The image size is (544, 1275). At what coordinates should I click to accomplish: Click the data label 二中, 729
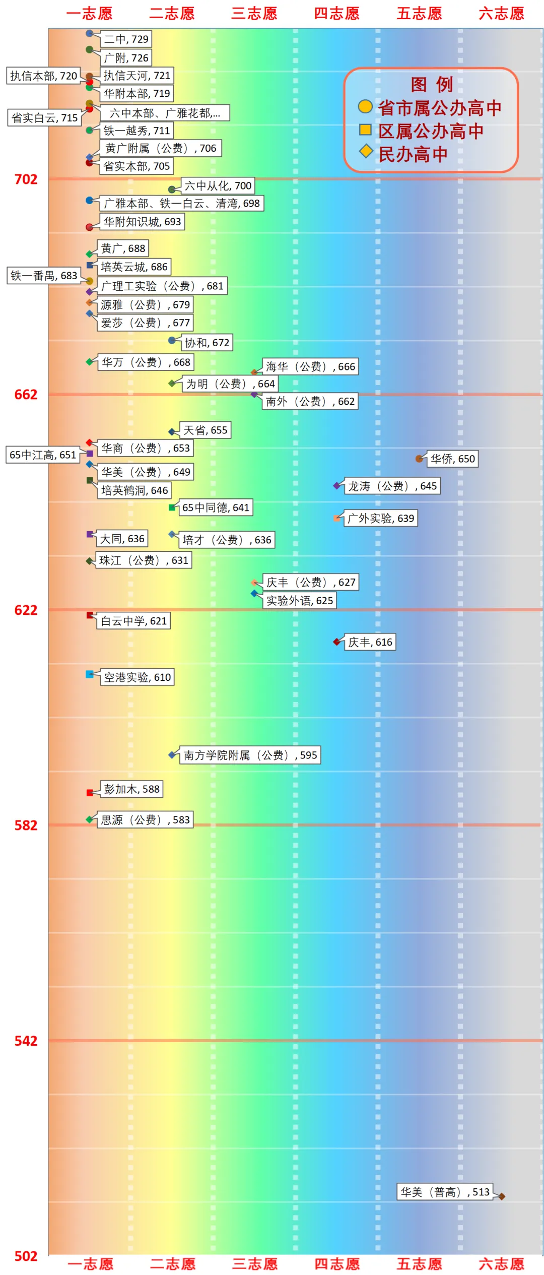coord(126,39)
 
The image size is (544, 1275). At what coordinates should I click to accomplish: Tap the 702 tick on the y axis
coord(26,179)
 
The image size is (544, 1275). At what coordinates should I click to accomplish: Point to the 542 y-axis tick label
coord(26,1041)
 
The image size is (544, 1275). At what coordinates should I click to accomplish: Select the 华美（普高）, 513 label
coord(445,1191)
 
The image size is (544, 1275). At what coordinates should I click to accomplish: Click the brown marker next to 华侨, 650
coord(419,459)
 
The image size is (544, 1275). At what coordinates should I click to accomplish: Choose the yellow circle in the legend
coord(365,107)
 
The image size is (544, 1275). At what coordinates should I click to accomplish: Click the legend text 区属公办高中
coord(431,131)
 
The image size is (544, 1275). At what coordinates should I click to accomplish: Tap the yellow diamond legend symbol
coord(366,151)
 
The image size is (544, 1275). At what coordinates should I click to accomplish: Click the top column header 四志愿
coord(336,14)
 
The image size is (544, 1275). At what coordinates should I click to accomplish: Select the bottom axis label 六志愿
coord(502,1263)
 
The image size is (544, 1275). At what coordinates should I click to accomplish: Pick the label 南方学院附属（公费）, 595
coord(250,755)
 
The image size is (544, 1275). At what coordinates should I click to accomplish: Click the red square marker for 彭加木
coord(90,793)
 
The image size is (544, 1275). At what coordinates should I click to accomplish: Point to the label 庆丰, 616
coord(370,642)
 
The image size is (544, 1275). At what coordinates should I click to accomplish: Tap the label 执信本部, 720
coord(43,76)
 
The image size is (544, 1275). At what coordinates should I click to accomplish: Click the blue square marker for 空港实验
coord(90,674)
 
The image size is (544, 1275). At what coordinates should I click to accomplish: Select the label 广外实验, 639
coord(381,518)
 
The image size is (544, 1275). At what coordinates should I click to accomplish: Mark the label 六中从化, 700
coord(218,186)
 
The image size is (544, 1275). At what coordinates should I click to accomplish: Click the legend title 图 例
coord(432,85)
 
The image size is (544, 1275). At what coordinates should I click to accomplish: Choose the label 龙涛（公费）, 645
coord(392,486)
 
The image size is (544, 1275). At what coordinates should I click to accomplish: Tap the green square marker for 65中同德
coord(172,507)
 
